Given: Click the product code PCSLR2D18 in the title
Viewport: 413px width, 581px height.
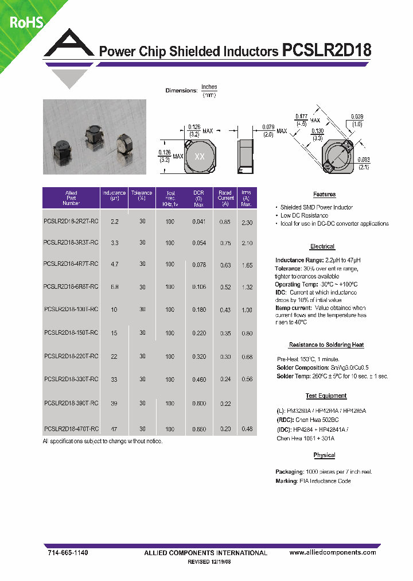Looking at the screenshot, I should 327,51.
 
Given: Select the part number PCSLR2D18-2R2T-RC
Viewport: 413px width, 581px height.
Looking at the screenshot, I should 71,222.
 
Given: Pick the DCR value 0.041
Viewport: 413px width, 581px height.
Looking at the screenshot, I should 198,222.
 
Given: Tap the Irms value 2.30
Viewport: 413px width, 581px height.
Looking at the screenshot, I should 246,222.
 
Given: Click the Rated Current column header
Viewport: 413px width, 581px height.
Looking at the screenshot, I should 225,198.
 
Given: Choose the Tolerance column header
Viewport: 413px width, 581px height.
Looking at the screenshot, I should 141,196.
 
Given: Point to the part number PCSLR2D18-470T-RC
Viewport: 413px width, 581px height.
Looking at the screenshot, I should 71,429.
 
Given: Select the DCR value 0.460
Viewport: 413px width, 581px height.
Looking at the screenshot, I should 198,379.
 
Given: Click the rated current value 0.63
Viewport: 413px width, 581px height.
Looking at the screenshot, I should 225,265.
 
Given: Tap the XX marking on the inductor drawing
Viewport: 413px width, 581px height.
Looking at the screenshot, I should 200,157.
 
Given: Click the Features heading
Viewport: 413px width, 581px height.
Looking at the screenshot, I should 324,195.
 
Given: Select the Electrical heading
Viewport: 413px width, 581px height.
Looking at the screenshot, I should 322,246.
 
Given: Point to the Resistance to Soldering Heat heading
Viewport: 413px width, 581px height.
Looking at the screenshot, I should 326,344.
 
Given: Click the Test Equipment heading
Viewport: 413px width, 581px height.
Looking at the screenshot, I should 325,396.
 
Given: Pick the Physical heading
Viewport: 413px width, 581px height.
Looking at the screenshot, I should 324,455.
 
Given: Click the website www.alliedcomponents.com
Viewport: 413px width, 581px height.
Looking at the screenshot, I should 333,552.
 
